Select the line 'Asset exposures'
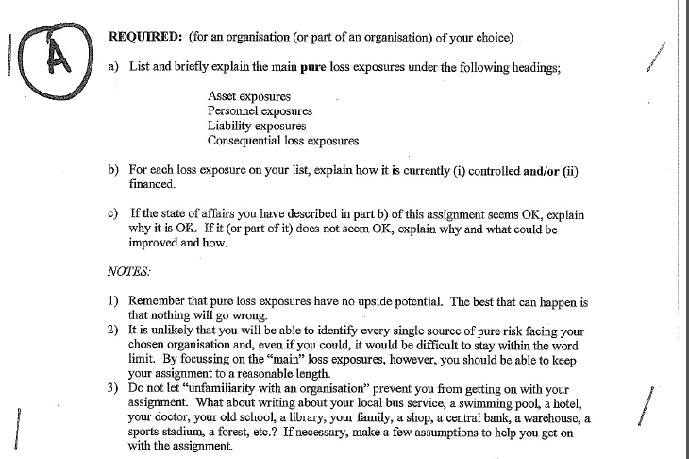[249, 96]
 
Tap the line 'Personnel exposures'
[260, 110]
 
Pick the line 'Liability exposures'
[257, 126]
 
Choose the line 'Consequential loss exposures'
[283, 141]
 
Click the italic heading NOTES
[129, 271]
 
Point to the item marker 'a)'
[113, 68]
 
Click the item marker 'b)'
[113, 170]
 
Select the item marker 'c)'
[113, 214]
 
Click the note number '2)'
[112, 331]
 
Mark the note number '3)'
[112, 389]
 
